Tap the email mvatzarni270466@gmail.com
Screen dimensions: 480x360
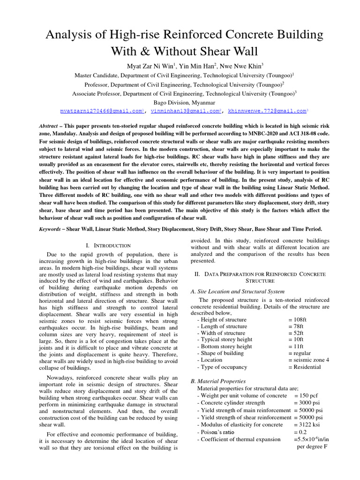tap(101, 111)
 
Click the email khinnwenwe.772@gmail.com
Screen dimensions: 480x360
tap(267, 111)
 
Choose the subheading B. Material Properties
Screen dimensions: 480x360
tap(218, 381)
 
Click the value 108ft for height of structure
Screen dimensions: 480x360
tap(298, 320)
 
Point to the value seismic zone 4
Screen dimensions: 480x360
tap(309, 360)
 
